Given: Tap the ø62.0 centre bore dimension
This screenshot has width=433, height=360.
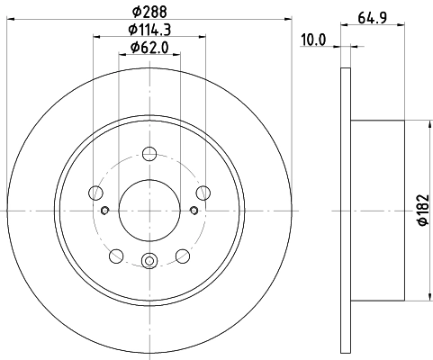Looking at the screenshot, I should coord(149,48).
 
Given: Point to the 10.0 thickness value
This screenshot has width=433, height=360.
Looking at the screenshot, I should coord(312,40).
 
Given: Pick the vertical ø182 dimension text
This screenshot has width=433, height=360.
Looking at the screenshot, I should coord(420,211).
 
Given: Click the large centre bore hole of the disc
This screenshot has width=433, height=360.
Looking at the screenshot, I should coord(149,210).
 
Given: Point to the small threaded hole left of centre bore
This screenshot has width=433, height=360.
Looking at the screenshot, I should coord(105,211).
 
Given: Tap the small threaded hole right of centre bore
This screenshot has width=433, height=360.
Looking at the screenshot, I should coord(194,211).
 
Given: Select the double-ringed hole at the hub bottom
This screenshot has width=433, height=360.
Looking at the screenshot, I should coord(149,262).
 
